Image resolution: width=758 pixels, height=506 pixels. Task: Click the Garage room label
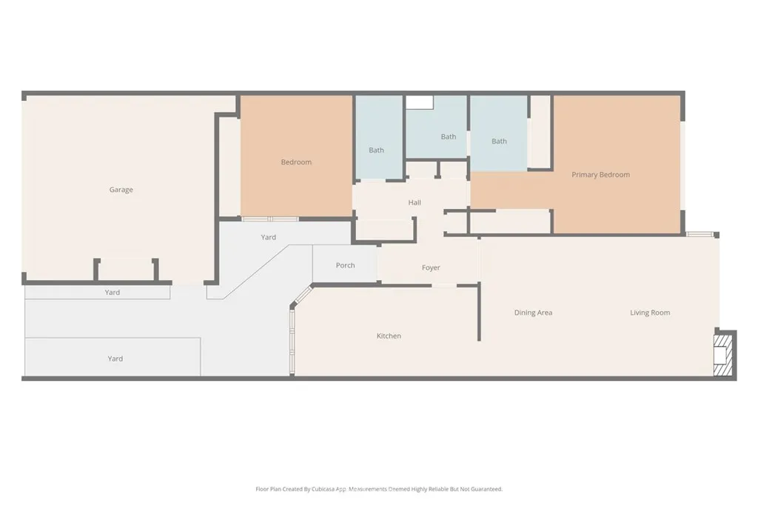point(121,190)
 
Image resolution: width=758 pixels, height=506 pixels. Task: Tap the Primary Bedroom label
point(600,175)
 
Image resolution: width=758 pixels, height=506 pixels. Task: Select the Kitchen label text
point(389,336)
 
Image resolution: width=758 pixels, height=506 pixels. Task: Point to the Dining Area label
point(533,313)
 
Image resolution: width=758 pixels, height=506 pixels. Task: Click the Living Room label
point(650,313)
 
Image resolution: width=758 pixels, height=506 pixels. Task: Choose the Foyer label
point(431,268)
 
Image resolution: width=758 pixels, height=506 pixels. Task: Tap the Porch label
point(345,265)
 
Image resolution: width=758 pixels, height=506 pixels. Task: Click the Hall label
point(415,203)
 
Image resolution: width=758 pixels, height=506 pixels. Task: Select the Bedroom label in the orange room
point(296,162)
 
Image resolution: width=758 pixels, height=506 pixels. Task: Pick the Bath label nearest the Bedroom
point(376,150)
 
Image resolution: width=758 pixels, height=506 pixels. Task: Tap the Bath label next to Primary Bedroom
point(499,142)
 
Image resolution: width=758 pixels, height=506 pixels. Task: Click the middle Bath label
point(449,137)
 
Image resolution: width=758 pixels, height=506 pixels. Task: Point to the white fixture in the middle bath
point(418,102)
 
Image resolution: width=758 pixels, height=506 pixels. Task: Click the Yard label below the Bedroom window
point(269,237)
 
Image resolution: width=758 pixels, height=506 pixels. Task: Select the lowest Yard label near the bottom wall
point(115,359)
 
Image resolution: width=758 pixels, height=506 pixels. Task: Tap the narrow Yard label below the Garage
point(112,293)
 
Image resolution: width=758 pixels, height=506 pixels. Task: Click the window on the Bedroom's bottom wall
point(270,219)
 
